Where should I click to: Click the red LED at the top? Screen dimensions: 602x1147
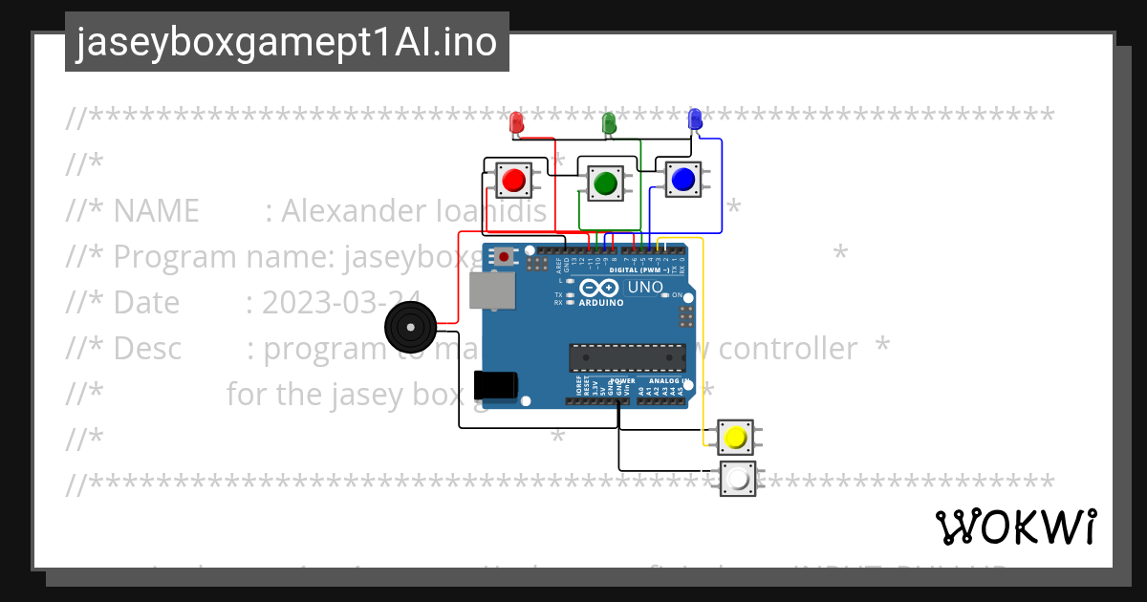(x=516, y=122)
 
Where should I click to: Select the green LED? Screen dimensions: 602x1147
(x=608, y=122)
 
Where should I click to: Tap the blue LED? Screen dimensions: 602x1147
(x=695, y=118)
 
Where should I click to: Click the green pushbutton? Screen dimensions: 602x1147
(x=604, y=183)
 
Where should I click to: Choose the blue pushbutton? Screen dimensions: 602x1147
(x=682, y=179)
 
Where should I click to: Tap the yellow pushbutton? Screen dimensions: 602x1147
(x=735, y=438)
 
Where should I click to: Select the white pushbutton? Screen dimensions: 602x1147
(x=737, y=479)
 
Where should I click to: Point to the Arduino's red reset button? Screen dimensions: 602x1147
(x=504, y=257)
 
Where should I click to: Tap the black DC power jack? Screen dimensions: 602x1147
(x=496, y=385)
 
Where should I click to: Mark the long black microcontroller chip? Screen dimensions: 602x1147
(x=627, y=357)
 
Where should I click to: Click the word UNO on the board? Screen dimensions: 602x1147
(x=644, y=287)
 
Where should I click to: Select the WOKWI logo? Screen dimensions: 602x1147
(x=1015, y=527)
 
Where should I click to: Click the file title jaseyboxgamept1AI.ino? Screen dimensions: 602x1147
(x=287, y=42)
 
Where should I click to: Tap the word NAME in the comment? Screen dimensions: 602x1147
(x=156, y=210)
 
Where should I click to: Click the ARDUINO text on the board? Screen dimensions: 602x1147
(x=601, y=302)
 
